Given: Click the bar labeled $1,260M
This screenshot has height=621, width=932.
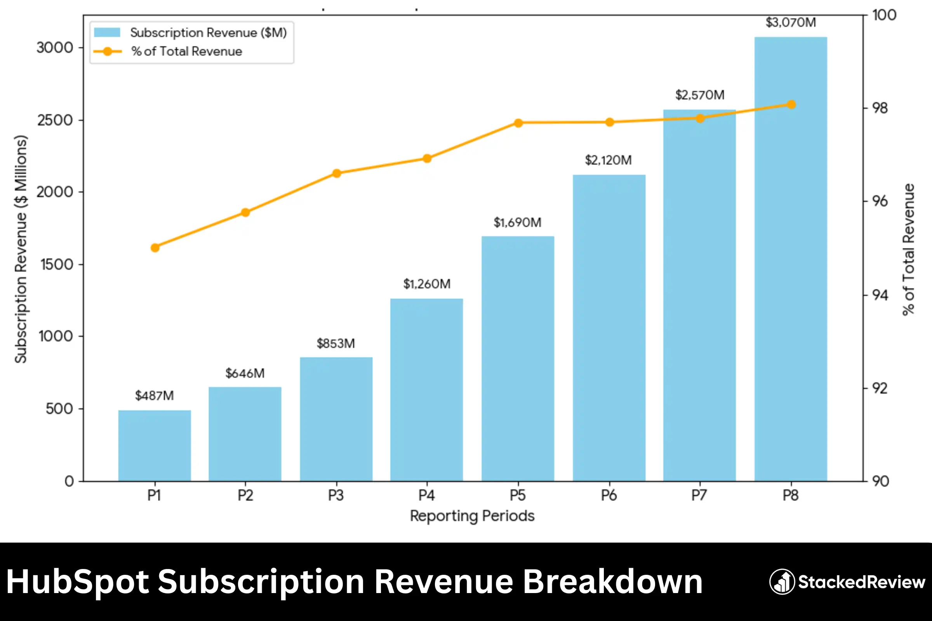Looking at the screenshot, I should pos(426,390).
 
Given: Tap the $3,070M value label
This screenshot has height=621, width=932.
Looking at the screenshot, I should pos(791,23).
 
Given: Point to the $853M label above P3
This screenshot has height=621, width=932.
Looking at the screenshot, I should pos(336,343).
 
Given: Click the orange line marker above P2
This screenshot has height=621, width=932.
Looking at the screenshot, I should pos(245,213).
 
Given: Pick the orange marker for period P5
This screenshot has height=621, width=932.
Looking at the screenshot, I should pos(518,123).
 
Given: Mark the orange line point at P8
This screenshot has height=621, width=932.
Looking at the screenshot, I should pos(791,104).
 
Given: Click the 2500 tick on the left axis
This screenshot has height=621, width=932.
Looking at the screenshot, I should pos(55,120).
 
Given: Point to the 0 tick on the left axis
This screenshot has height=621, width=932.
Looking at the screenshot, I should pos(69,481).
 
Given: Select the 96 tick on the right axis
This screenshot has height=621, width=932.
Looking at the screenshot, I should pos(880,201).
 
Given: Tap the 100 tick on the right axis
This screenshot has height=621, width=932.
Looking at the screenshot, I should pos(884,15).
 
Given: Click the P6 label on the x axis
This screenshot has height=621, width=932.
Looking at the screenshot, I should pos(609,496).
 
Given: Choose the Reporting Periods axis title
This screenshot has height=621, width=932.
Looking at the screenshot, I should pos(472,516).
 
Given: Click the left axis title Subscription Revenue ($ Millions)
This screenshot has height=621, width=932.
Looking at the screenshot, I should pos(21,250).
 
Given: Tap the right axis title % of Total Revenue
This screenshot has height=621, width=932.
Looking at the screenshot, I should pos(908,250).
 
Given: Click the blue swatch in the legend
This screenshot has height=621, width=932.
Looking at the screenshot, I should pos(107,33).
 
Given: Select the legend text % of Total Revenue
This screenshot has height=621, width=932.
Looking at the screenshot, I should pos(187,52).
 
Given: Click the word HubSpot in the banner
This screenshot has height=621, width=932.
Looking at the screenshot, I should pos(77,582).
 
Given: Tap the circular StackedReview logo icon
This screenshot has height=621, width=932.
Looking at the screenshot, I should pos(782,582).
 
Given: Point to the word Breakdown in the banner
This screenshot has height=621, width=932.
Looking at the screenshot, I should pos(613,582).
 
